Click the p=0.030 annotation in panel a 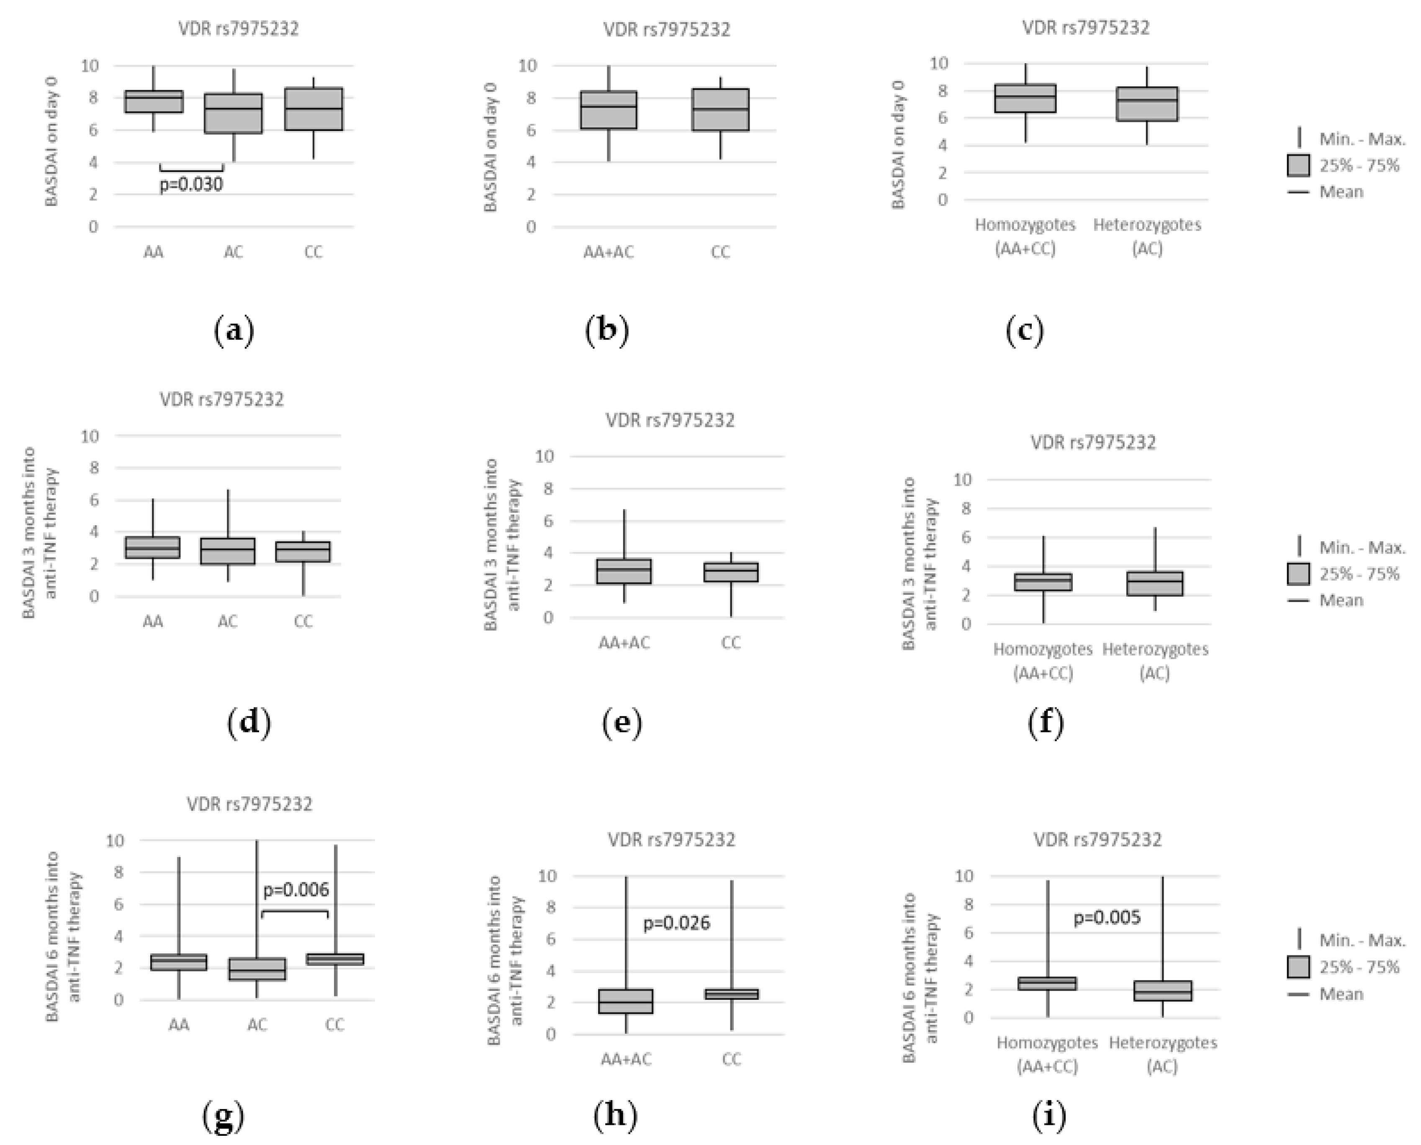point(191,185)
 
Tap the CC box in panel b point(720,110)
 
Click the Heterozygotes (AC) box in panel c point(1147,104)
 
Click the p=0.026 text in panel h point(676,923)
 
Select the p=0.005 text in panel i point(1107,917)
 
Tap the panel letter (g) point(223,1116)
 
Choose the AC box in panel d point(228,551)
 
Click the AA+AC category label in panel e point(624,642)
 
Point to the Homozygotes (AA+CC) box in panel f point(1043,582)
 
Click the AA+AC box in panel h point(625,1001)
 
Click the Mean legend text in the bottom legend point(1341,994)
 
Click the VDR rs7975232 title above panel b point(667,30)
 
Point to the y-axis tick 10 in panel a point(90,65)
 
